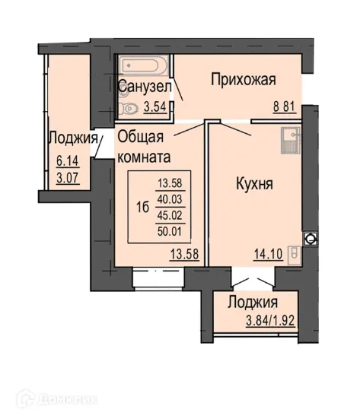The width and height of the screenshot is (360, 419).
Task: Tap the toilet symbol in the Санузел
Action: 130,110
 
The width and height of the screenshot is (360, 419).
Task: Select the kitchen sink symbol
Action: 291,141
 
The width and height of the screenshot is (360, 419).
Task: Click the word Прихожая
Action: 241,80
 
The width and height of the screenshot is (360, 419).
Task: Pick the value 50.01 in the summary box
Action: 171,230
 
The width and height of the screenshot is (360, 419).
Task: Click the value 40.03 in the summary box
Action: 171,198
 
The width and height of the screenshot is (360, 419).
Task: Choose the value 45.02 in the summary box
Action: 171,214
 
